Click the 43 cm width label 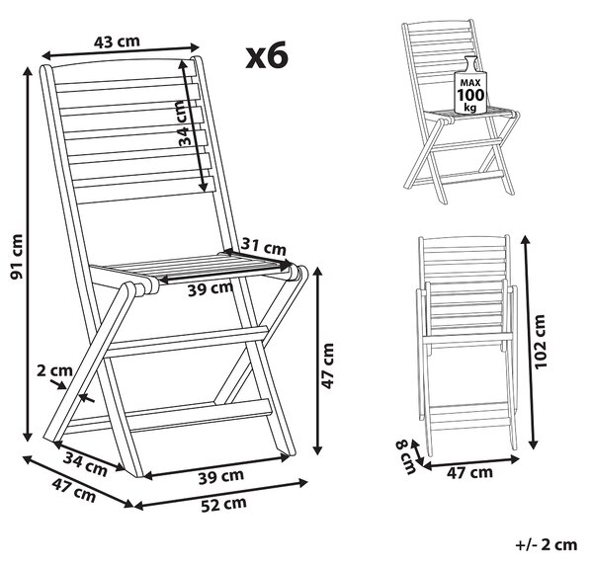point(117,41)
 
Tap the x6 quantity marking point(267,56)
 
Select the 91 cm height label point(17,257)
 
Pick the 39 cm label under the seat point(211,289)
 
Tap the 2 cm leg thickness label point(54,370)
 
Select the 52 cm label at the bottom point(223,505)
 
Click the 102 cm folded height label point(540,341)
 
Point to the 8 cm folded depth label point(405,457)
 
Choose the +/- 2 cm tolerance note point(547,545)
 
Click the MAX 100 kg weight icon point(470,85)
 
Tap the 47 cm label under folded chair point(469,472)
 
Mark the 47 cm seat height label point(328,365)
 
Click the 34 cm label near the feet point(85,464)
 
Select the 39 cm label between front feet point(221,477)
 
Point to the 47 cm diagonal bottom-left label point(74,490)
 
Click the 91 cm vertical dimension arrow point(28,254)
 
